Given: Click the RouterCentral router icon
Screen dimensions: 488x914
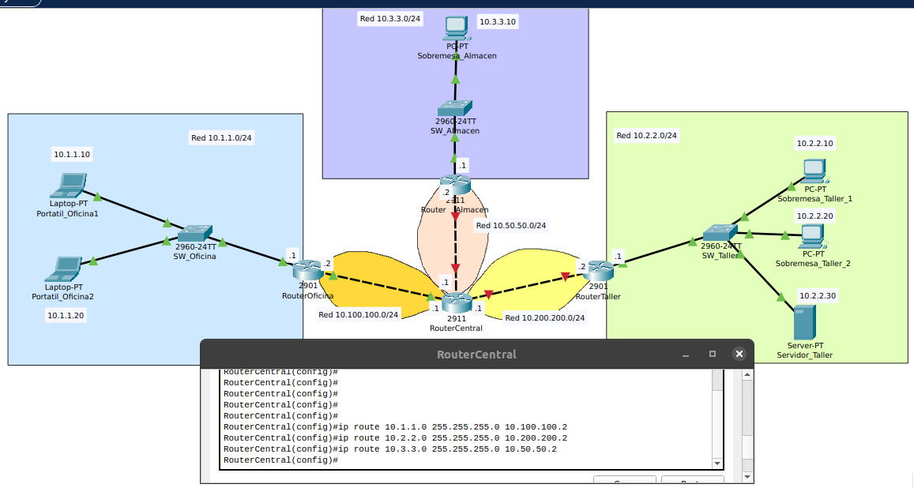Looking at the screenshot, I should (456, 302).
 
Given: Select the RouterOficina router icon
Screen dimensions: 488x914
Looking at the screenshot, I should (307, 270).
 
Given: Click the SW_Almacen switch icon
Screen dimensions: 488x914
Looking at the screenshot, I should (455, 108).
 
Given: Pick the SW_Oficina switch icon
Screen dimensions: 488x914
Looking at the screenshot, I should (194, 234).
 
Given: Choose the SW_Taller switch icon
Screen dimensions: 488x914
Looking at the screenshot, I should (720, 232).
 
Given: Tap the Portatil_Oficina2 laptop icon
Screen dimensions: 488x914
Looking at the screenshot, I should (64, 269).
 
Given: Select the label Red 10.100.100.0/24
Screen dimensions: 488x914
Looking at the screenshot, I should (359, 314).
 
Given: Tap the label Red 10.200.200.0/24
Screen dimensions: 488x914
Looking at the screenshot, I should (544, 317).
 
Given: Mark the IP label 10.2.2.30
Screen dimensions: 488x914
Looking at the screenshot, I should (817, 295).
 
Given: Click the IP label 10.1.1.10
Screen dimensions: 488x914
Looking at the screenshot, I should (72, 154).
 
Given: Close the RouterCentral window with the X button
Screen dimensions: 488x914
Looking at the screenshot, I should (739, 354).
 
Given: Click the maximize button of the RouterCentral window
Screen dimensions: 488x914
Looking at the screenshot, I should (712, 354).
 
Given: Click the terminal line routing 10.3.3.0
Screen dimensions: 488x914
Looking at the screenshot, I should (390, 449).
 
